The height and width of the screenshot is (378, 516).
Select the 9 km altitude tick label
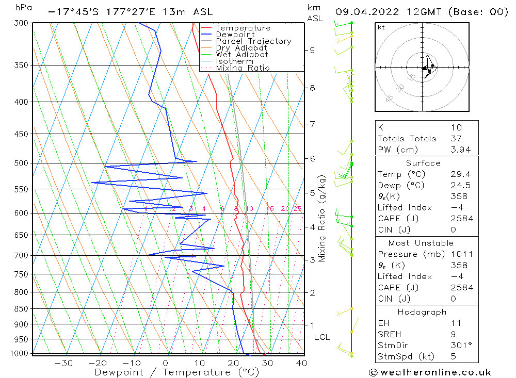pos(312,50)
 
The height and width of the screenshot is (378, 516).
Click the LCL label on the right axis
pos(321,337)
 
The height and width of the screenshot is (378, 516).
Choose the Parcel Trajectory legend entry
pos(253,41)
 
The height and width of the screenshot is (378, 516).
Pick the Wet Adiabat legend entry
pos(242,55)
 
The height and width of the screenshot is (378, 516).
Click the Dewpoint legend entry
pos(235,35)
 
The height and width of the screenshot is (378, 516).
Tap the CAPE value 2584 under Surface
pos(462,219)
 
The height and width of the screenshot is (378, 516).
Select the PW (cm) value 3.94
pos(459,150)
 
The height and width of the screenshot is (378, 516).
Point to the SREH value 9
pos(453,334)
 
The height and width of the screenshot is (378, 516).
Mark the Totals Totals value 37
pos(456,138)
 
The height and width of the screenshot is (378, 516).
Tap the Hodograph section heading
pos(426,312)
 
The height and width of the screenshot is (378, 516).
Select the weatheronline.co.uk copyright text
pos(430,372)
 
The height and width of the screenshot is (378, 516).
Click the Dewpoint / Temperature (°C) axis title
pos(176,372)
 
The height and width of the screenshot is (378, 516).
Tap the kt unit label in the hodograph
pos(381,27)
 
